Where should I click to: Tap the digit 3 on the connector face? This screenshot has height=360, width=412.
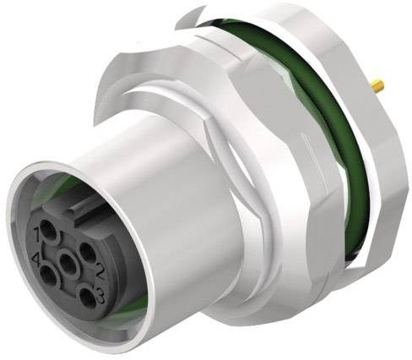click(99, 292)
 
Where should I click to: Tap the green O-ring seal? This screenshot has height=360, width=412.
click(338, 127)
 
